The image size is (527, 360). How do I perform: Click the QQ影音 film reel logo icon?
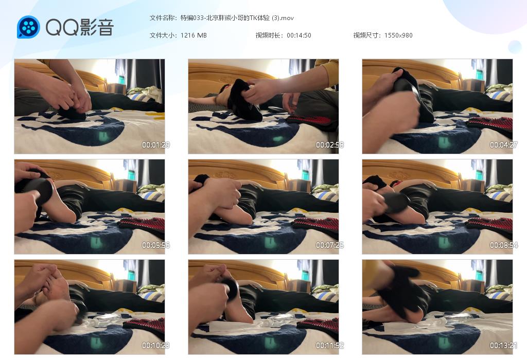29,27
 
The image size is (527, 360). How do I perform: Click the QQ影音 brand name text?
80,27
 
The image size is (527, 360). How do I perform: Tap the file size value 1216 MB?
194,35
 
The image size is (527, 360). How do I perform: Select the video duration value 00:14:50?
299,35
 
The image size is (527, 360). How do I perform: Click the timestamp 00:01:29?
155,145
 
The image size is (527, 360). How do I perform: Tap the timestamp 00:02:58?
330,145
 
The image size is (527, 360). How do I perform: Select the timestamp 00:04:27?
503,145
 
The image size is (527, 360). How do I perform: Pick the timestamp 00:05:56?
155,245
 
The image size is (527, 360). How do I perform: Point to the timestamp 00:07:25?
330,245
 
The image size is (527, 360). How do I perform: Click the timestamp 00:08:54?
503,245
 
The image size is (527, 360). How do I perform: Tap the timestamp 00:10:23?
155,345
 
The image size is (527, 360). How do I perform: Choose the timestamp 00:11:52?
330,345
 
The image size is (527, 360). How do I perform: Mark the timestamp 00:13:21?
503,345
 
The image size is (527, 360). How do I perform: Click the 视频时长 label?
268,35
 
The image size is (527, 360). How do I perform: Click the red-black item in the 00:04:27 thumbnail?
490,123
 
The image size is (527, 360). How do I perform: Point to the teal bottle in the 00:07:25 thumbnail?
306,175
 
